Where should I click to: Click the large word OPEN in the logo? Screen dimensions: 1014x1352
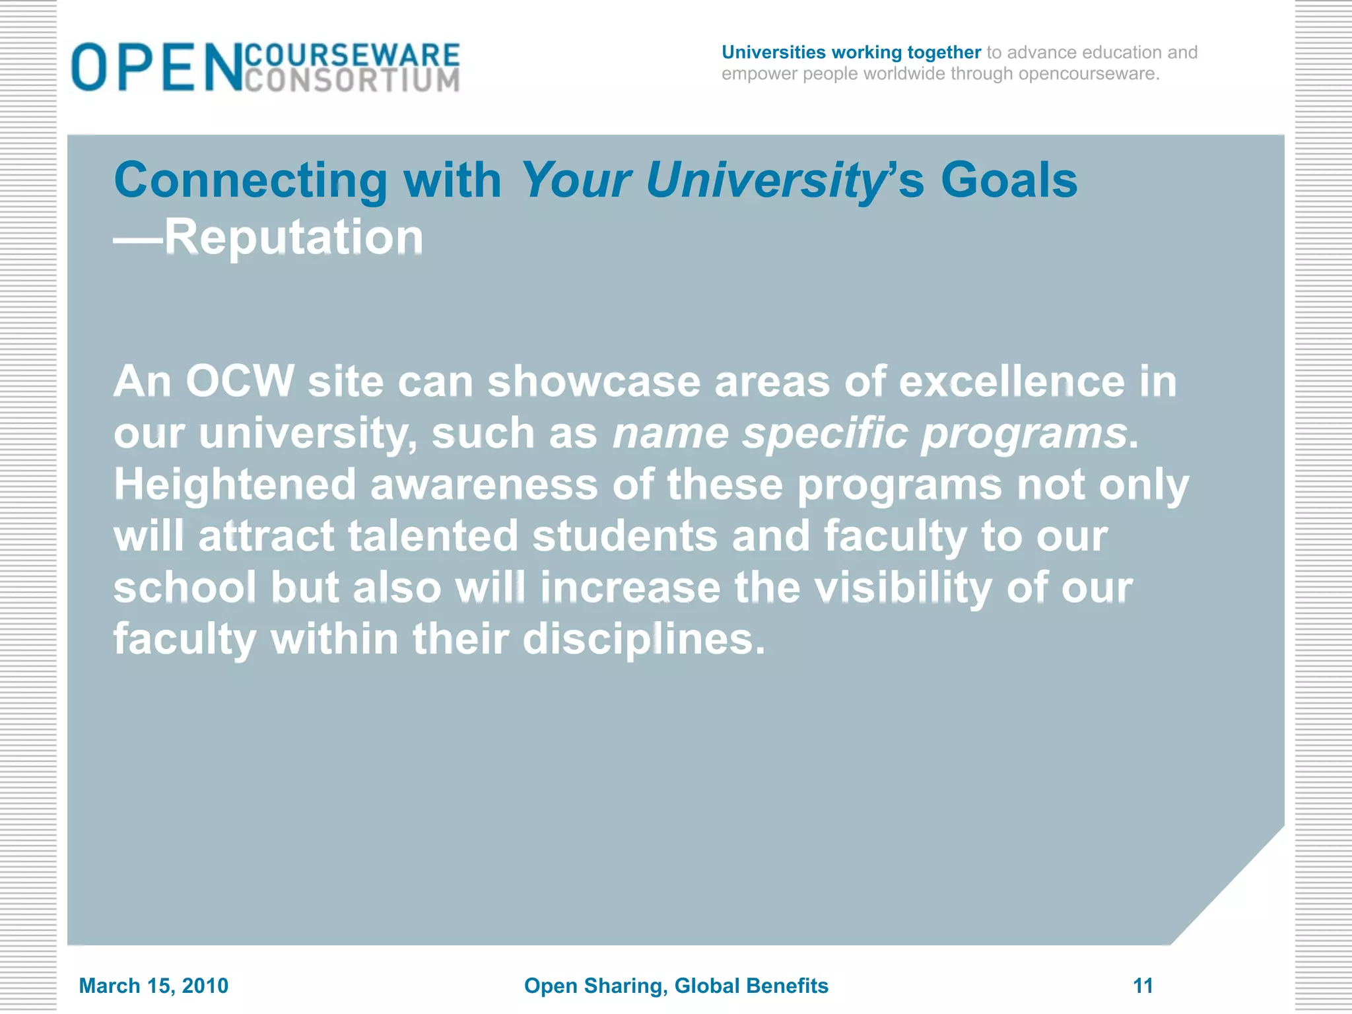[157, 67]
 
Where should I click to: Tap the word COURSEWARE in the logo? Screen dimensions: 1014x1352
[352, 55]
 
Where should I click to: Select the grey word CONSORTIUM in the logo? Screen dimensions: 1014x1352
[352, 81]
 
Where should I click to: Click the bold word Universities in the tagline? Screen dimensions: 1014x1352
[773, 52]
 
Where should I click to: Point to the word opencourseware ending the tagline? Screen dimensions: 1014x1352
[1087, 74]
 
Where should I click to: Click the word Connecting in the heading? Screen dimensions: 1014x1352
[252, 180]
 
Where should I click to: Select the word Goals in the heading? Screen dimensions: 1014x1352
[1009, 180]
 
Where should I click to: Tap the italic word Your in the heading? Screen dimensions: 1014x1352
[576, 180]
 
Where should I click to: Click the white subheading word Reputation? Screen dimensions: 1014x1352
[294, 237]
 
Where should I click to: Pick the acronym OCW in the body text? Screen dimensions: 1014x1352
[240, 382]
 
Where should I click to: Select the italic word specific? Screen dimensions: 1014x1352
[825, 434]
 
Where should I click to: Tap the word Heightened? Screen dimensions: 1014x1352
[235, 485]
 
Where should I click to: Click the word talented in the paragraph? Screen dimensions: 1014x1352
[433, 535]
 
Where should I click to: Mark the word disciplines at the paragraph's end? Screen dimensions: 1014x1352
[644, 638]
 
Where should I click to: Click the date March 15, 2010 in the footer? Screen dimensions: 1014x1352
[154, 986]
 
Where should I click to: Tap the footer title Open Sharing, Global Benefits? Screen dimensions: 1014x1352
[676, 986]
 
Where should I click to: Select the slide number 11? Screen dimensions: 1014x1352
[1143, 986]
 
